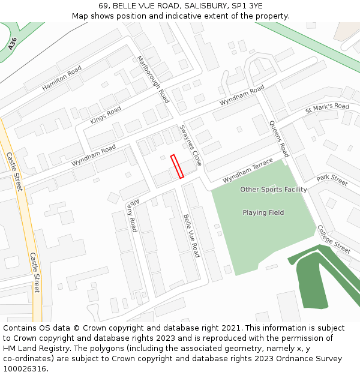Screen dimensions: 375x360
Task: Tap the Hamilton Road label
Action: point(61,79)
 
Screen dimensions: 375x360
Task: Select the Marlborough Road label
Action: point(153,79)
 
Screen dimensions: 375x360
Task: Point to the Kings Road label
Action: point(105,115)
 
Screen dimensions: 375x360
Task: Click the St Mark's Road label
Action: point(327,108)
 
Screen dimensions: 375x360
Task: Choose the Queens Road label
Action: point(279,139)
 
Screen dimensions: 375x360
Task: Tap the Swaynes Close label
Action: point(191,146)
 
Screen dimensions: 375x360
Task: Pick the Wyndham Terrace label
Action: point(248,171)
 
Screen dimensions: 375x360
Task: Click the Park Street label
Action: point(332,179)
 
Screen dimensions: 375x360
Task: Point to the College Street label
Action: point(334,239)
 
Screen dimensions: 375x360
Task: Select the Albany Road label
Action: point(131,216)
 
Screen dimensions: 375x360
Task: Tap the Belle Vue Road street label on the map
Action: point(191,236)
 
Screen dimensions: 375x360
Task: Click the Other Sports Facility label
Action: point(274,190)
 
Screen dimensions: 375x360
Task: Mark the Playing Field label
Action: point(263,212)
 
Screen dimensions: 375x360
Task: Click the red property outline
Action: point(177,166)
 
